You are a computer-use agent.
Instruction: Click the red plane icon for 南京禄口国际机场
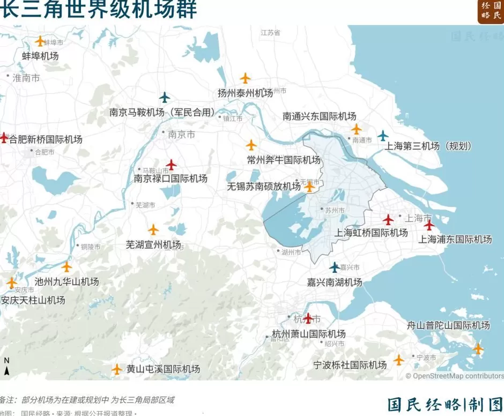[171, 165]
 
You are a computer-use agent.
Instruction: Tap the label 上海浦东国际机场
[455, 240]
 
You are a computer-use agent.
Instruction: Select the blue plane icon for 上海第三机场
[382, 135]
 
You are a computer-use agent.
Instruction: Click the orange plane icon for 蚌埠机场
[40, 41]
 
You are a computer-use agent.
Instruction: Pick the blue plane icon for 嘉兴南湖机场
[335, 267]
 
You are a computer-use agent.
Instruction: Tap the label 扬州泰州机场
[245, 93]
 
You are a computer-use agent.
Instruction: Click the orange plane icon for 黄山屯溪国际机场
[117, 369]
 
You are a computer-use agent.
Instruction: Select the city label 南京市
[181, 135]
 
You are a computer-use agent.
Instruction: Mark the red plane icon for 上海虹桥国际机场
[388, 219]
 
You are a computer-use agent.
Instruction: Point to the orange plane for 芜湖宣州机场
[153, 229]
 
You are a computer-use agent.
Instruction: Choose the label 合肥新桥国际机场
[46, 139]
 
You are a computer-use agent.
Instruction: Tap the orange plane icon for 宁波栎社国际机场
[398, 359]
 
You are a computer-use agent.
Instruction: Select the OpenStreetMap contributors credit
[454, 376]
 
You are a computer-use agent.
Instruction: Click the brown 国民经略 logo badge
[491, 11]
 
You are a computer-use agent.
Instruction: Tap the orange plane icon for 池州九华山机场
[66, 266]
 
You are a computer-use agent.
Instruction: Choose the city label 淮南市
[26, 78]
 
